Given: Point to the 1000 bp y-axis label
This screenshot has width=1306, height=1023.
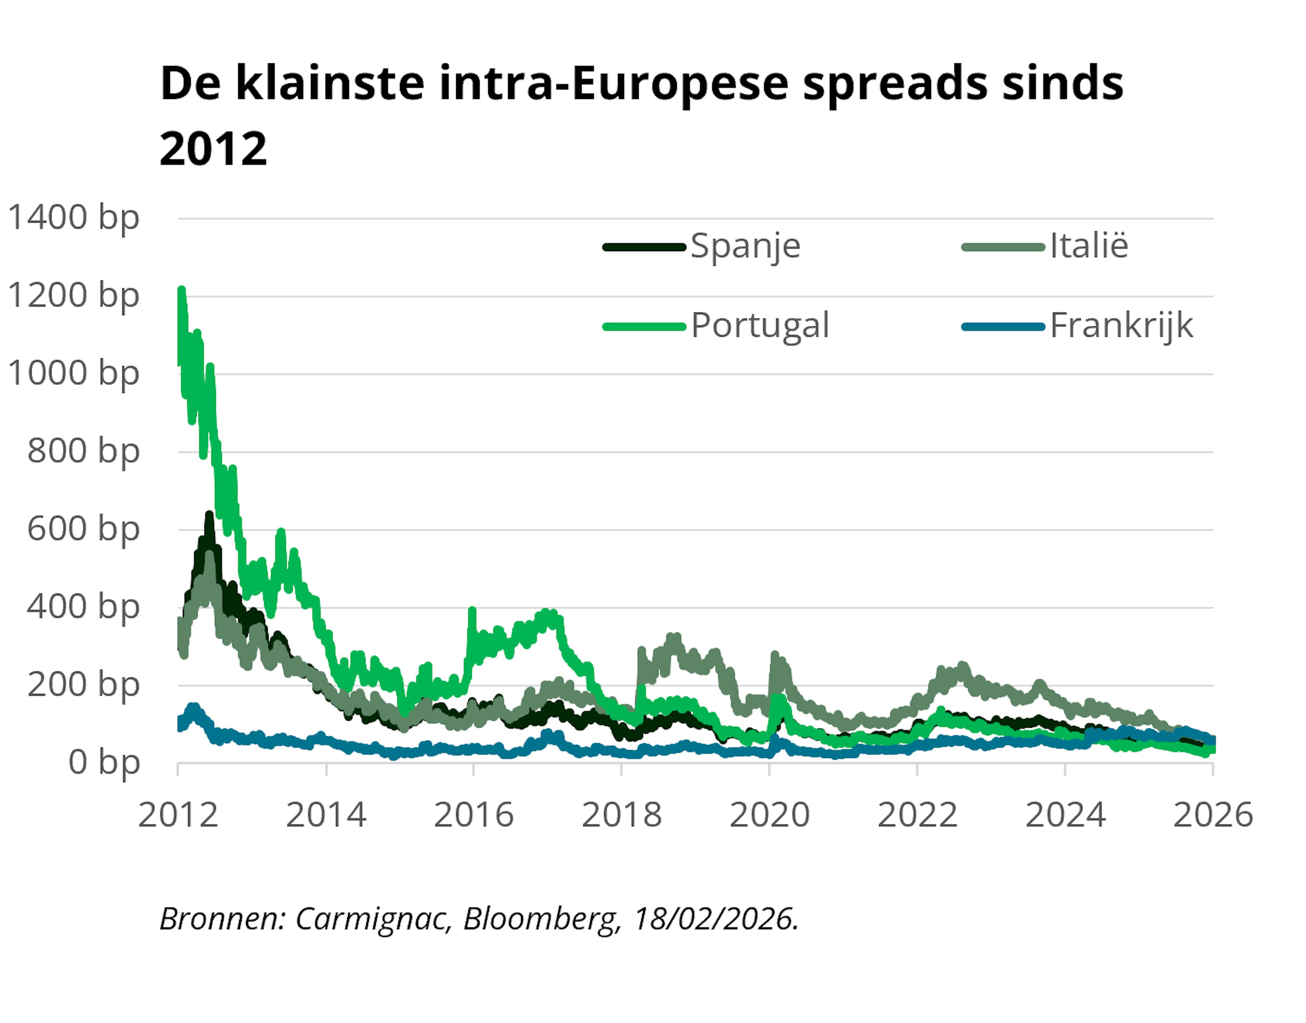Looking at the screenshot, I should click(73, 374).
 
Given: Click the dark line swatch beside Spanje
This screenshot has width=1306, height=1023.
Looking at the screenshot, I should click(644, 247).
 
